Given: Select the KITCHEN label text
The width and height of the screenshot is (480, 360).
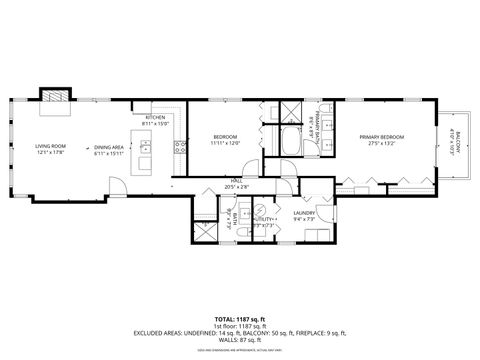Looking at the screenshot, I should click(155, 117).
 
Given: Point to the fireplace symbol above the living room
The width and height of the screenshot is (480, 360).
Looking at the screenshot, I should click(54, 96).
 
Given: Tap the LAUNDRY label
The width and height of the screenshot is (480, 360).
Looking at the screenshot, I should click(305, 212).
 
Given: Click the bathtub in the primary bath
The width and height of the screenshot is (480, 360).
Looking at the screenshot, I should click(291, 141).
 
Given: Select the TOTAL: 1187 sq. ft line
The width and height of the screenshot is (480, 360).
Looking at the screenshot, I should click(240, 318).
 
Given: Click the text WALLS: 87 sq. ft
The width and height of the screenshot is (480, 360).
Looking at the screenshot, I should click(240, 342).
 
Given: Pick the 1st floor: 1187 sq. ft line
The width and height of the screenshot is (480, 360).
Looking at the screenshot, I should click(240, 326).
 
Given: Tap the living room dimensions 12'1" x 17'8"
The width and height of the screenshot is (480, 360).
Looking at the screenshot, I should click(50, 152).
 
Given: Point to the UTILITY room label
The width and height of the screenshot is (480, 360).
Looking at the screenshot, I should click(266, 219).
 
